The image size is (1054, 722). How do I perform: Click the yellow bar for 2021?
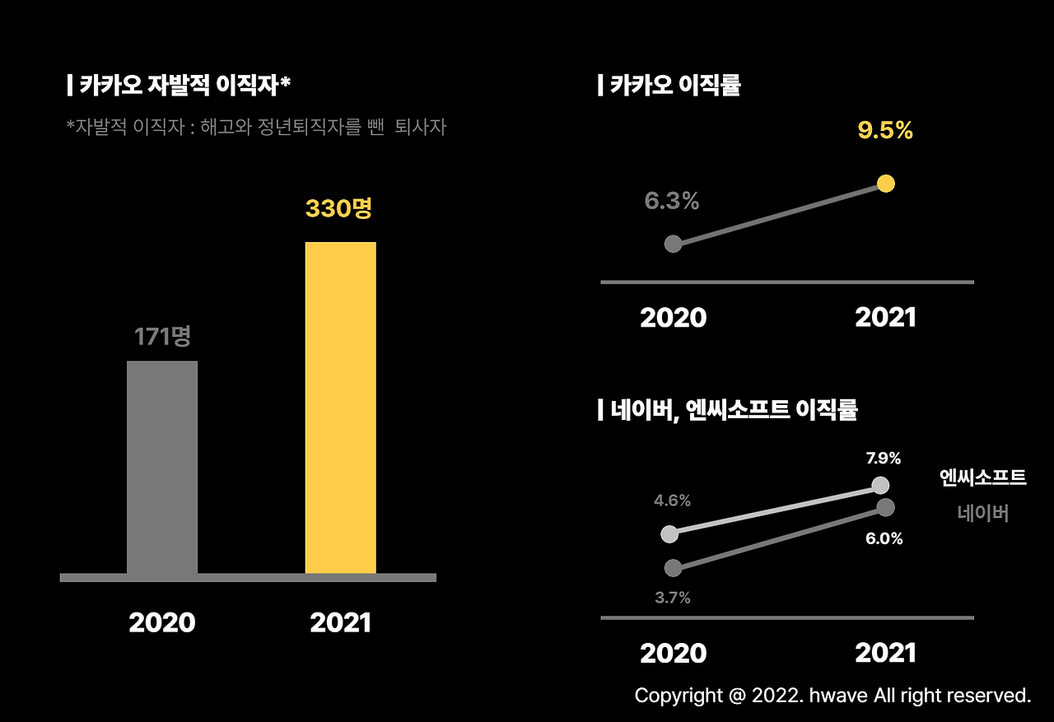tap(340, 408)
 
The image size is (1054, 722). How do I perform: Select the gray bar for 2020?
tap(162, 467)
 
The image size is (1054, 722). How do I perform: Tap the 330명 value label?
tap(338, 208)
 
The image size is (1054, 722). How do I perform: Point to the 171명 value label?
tap(162, 336)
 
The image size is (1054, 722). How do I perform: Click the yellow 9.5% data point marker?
tap(886, 184)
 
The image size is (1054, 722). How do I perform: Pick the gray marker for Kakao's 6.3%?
tap(673, 244)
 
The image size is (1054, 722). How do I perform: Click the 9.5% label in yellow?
tap(885, 131)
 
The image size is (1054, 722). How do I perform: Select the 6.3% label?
tap(672, 201)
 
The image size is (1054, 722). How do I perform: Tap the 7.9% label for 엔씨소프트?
tap(883, 459)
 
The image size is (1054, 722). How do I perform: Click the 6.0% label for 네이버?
tap(884, 539)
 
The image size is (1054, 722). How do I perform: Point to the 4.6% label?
tap(672, 501)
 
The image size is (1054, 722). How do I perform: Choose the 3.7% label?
tap(673, 599)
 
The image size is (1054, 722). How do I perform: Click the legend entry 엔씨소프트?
tap(983, 477)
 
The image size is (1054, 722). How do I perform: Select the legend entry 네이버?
tap(983, 514)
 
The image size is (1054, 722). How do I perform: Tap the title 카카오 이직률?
tap(670, 85)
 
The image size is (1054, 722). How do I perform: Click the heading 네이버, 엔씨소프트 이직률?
tap(729, 410)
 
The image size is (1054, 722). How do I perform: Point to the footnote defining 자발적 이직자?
tap(256, 128)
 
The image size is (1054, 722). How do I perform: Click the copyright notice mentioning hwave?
tap(832, 696)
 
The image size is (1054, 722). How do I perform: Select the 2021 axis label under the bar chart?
tap(340, 623)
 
